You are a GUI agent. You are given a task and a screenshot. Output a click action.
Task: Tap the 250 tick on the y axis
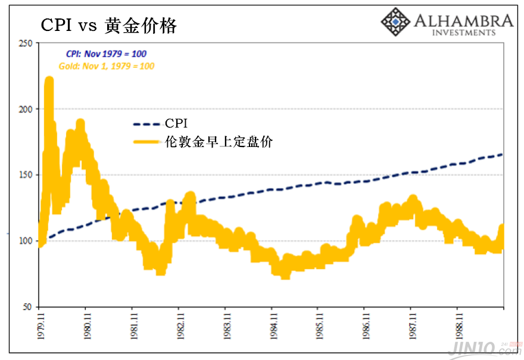[x=25, y=43]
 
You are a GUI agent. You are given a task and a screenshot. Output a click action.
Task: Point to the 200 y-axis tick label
[x=25, y=109]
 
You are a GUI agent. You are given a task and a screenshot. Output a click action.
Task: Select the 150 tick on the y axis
[x=25, y=175]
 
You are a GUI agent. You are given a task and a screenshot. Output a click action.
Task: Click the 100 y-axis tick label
[x=25, y=241]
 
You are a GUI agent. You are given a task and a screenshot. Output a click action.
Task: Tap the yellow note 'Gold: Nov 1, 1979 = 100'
[x=107, y=66]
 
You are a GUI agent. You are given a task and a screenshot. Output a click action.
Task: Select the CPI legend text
[x=176, y=124]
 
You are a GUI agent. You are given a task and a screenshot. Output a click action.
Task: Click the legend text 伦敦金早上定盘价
[x=219, y=142]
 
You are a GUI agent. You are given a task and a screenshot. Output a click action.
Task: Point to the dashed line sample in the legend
[x=147, y=124]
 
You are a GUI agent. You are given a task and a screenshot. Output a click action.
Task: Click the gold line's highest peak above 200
[x=49, y=80]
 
